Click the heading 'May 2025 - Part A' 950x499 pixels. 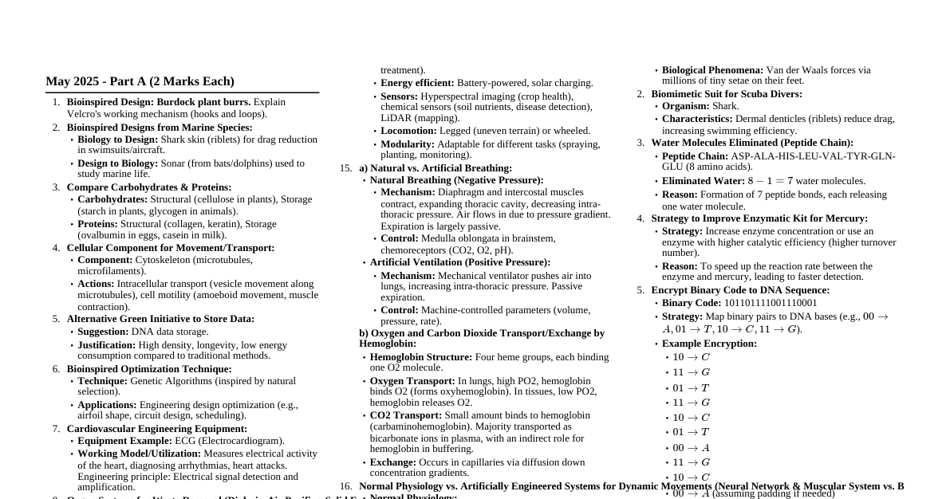140,81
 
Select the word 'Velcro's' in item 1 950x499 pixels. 86,114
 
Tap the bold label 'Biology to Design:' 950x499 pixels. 118,139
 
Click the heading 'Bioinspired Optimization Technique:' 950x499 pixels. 149,369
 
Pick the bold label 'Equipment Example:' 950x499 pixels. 124,441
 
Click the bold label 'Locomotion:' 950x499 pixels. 408,131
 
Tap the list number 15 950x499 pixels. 345,168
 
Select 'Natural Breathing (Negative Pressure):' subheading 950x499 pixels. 456,180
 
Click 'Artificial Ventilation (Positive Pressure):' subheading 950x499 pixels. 459,262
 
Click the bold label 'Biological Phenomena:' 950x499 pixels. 712,70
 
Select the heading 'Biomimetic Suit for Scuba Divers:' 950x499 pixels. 727,94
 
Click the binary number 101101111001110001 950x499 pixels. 770,303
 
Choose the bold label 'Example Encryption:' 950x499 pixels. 709,344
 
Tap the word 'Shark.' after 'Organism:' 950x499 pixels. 726,106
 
